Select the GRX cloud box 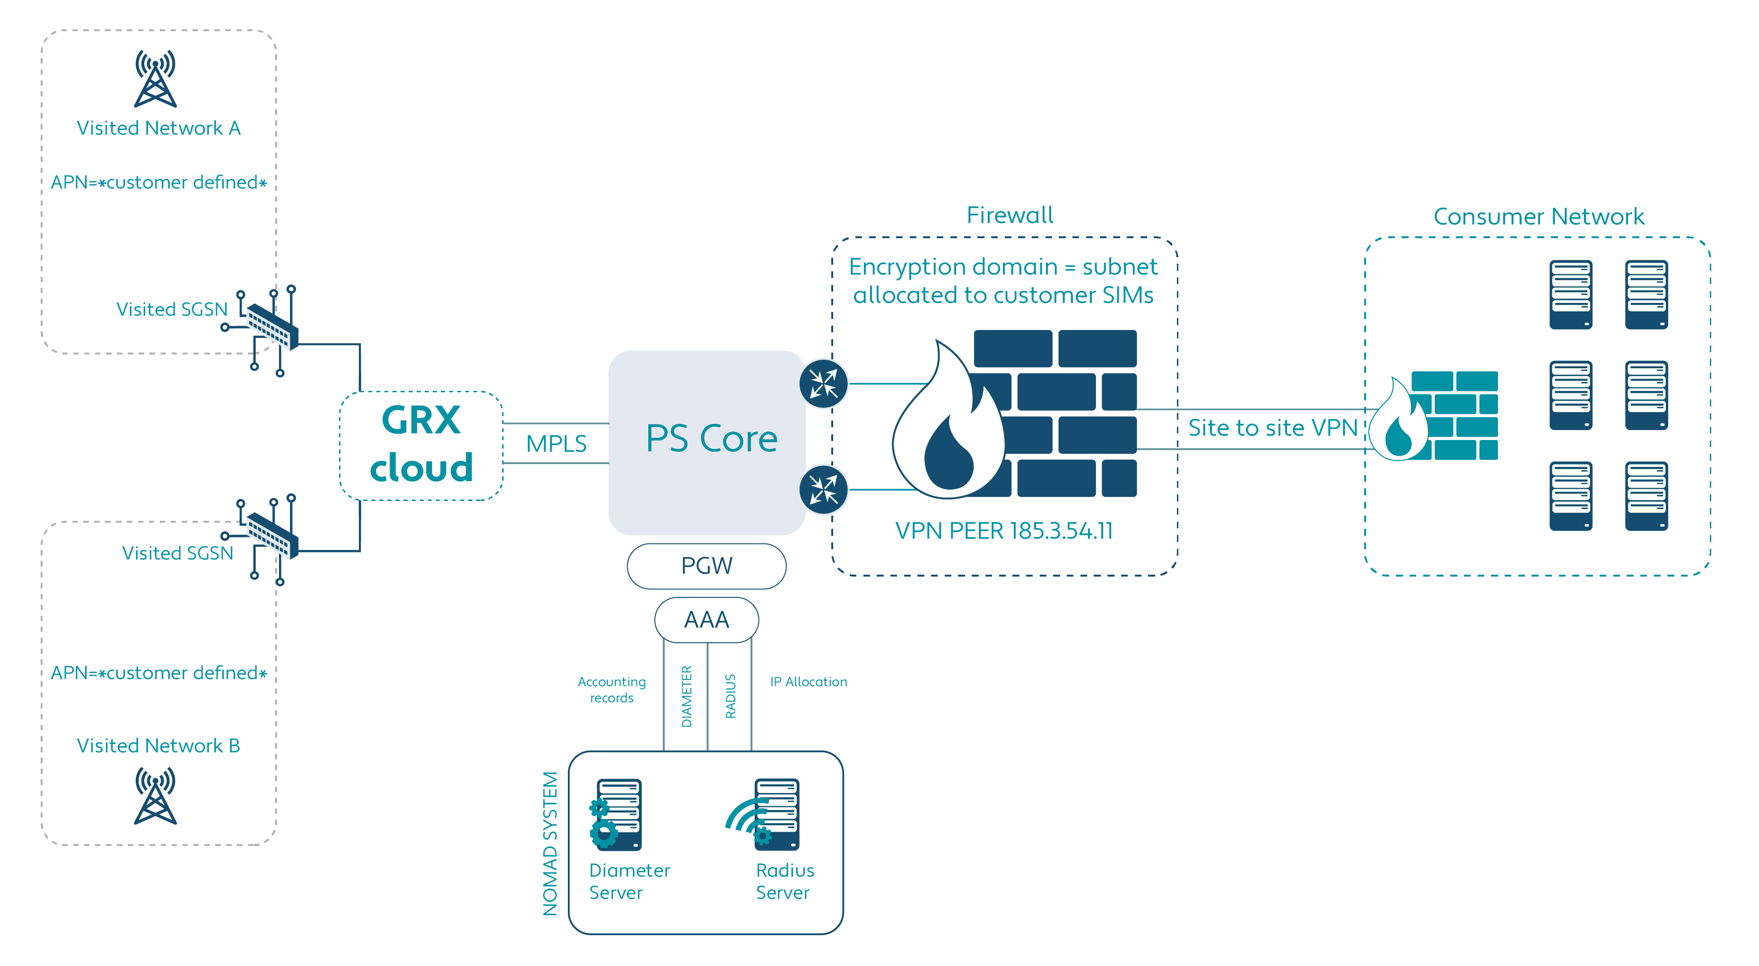point(421,445)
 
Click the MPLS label point(556,444)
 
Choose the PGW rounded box point(707,566)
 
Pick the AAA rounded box point(707,620)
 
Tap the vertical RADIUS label point(731,696)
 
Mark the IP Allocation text point(809,681)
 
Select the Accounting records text point(612,690)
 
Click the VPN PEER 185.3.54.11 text point(1004,530)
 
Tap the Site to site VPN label point(1273,428)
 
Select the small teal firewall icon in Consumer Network point(1434,416)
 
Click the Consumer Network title point(1539,216)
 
